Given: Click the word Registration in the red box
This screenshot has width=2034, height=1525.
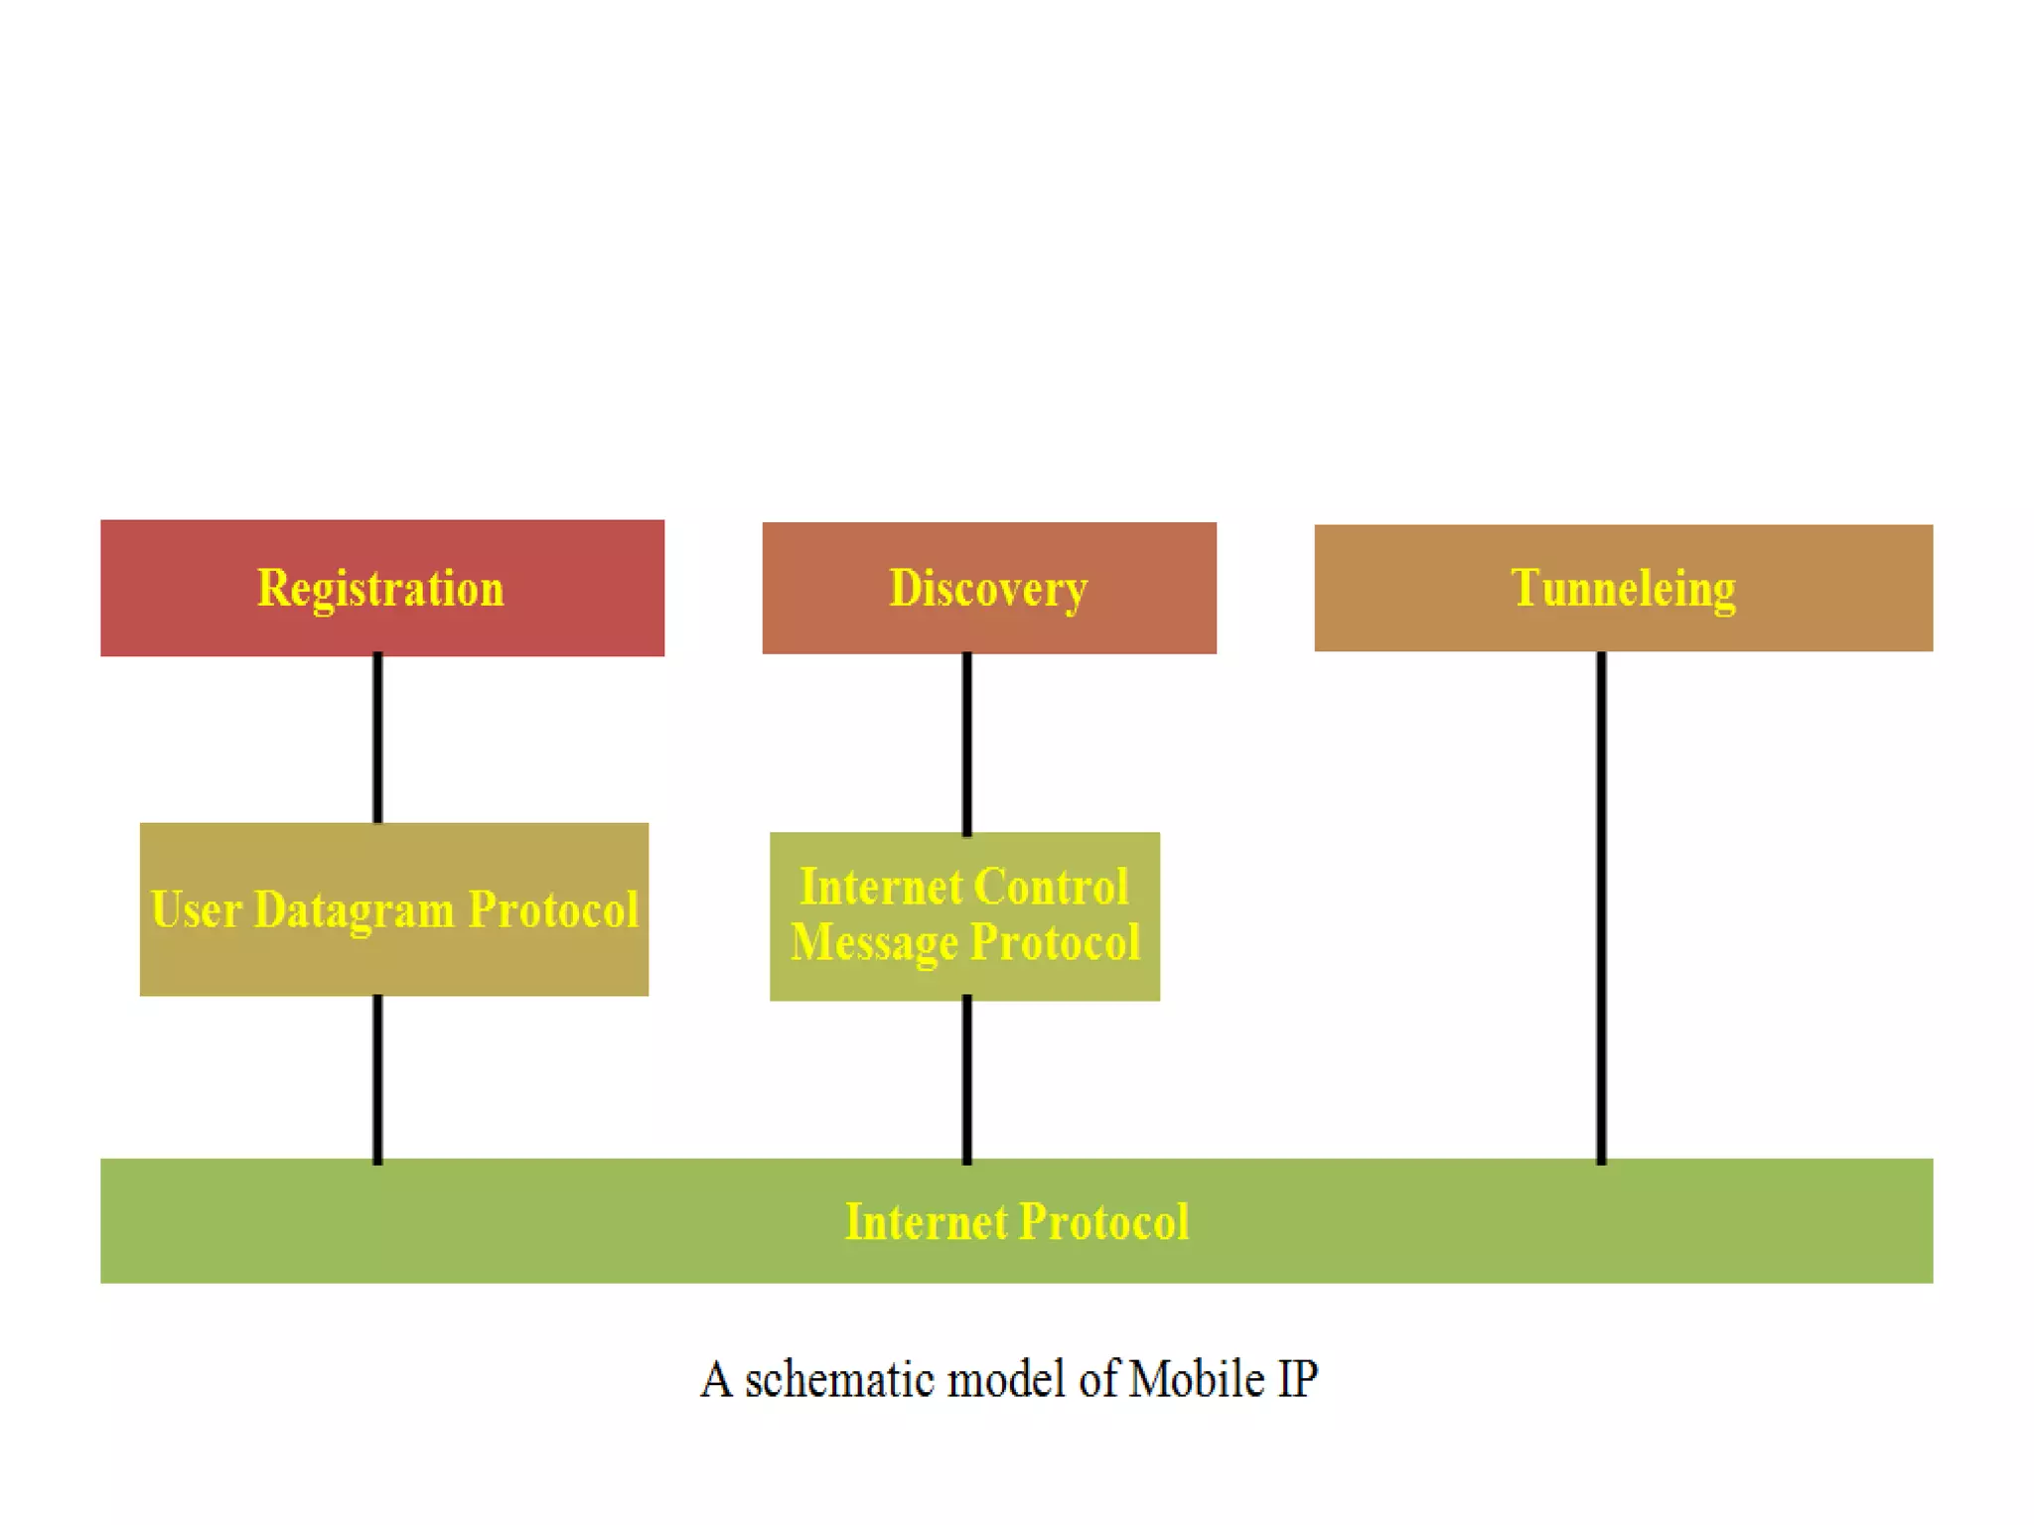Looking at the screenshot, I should click(380, 588).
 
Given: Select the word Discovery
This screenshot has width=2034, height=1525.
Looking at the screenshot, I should click(988, 588).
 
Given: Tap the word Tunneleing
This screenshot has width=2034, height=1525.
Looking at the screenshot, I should click(1623, 588).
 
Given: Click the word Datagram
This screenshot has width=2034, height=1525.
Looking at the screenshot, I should click(354, 909).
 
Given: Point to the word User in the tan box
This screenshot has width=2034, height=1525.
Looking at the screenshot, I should click(196, 909).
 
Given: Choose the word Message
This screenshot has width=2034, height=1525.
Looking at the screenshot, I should click(874, 942).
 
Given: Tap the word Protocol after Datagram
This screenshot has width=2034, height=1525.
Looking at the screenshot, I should click(553, 909).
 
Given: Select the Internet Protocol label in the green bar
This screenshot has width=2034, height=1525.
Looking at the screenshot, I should click(1016, 1221).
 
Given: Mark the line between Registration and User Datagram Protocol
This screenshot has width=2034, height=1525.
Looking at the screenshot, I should click(377, 739).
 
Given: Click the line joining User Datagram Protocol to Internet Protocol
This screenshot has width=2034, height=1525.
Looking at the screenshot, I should click(377, 1078).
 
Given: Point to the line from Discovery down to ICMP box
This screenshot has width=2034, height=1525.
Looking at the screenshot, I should click(967, 743).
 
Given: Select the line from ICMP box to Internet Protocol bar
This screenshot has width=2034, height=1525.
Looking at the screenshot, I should click(967, 1080).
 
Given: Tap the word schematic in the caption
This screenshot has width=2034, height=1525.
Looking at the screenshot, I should click(839, 1379).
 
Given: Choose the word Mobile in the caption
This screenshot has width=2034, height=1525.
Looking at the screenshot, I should click(1196, 1379).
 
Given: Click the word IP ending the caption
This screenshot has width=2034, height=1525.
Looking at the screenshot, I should click(1297, 1379).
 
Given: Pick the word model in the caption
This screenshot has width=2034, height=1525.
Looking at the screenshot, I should click(1008, 1379).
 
